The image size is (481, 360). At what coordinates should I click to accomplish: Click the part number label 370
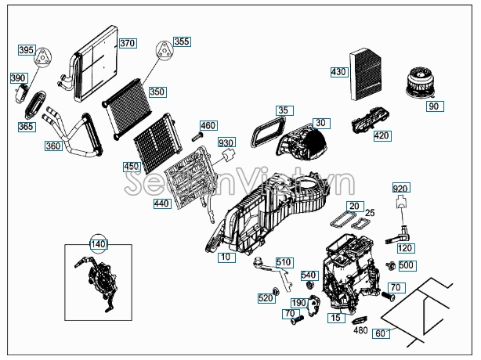(x=127, y=43)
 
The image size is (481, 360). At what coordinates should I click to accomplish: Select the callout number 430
(x=338, y=72)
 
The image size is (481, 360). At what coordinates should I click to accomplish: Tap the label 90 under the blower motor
(x=434, y=106)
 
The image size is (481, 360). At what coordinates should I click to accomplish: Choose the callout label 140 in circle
(x=98, y=244)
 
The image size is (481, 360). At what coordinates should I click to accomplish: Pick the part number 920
(x=400, y=189)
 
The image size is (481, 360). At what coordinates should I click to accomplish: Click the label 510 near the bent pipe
(x=284, y=261)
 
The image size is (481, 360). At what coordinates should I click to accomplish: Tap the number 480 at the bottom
(x=360, y=330)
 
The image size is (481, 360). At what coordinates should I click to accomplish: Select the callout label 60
(x=382, y=333)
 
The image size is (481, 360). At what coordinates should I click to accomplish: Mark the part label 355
(x=181, y=41)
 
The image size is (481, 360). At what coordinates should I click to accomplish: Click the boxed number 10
(x=225, y=257)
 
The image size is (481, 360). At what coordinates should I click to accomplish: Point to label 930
(x=226, y=142)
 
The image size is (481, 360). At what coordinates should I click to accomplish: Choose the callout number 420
(x=382, y=136)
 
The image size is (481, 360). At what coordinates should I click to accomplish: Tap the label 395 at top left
(x=26, y=50)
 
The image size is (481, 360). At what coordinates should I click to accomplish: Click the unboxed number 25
(x=371, y=213)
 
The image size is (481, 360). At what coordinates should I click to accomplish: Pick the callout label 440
(x=161, y=203)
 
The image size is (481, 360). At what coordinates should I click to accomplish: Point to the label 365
(x=26, y=127)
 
